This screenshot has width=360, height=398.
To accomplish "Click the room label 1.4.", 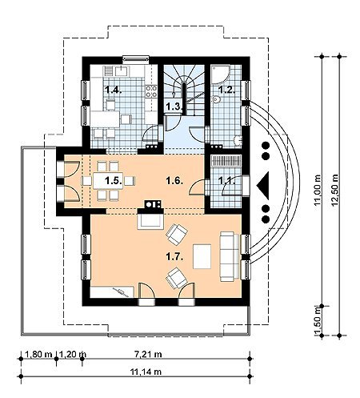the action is point(114,90).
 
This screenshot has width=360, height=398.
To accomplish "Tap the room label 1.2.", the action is point(226,90).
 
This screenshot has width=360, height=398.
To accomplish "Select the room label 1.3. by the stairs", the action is point(174,107).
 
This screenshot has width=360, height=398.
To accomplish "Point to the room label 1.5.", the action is point(114,181).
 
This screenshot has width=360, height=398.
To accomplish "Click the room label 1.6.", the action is point(174,181).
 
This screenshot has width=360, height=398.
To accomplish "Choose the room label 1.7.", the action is point(174,257).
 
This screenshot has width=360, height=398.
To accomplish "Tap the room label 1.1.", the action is point(226,181).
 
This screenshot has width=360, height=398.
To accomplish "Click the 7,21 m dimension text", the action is point(147,354).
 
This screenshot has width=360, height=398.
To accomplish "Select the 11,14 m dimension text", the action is point(146,372).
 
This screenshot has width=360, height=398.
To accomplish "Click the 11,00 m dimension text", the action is point(318,190).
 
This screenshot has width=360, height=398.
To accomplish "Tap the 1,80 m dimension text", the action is point(38,354).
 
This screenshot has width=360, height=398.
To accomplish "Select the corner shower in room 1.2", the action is point(220,74).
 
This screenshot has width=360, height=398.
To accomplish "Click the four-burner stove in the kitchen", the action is point(151,91).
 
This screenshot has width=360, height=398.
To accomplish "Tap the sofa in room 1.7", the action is point(230,257).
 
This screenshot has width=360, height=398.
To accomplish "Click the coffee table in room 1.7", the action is point(202,256).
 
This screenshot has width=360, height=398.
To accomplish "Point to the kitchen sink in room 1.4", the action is point(122,71).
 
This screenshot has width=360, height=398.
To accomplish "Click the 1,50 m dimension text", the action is point(318,320).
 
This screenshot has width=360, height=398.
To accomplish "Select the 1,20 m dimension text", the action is point(72,354).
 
